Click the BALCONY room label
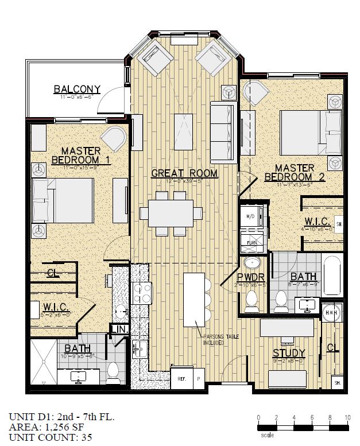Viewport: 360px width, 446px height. point(77,89)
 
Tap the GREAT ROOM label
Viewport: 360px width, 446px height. point(176,173)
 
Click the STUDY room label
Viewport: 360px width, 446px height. point(289,352)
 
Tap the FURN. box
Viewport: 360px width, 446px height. point(251,243)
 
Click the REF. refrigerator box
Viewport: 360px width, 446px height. point(181,379)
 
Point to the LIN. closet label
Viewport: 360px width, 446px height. point(119,329)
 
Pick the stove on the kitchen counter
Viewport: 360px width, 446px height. point(141,293)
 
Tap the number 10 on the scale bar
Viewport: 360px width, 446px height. point(347,417)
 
